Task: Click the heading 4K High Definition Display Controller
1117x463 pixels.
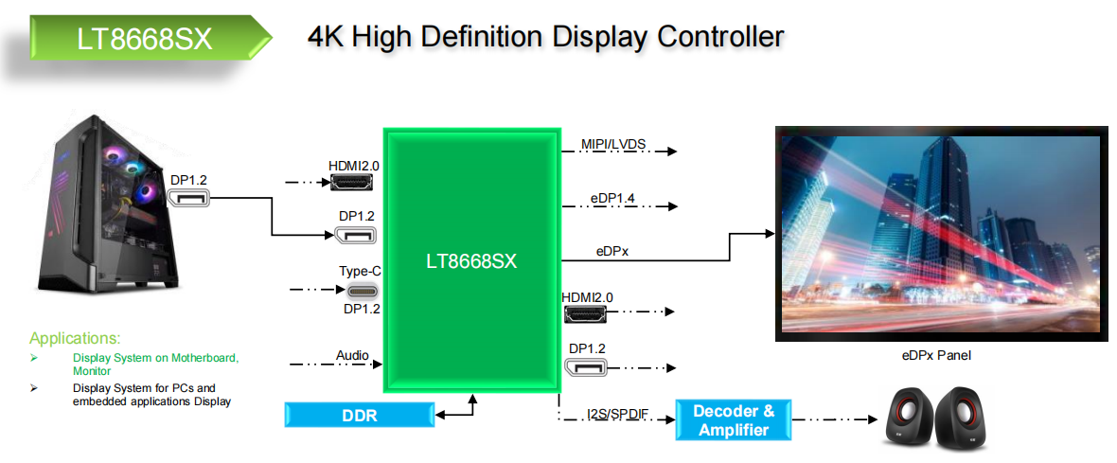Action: tap(545, 37)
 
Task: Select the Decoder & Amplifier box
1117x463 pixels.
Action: tap(734, 420)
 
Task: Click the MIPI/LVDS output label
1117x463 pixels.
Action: tap(613, 144)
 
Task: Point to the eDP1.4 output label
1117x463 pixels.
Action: tap(612, 199)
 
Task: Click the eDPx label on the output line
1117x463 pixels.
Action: tap(612, 252)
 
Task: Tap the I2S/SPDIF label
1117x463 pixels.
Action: tap(616, 415)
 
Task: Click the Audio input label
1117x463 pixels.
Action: tap(352, 356)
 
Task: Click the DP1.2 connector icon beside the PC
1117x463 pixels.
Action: tap(187, 198)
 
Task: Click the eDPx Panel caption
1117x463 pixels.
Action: tap(935, 355)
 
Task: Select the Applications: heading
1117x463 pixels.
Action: tap(75, 338)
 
